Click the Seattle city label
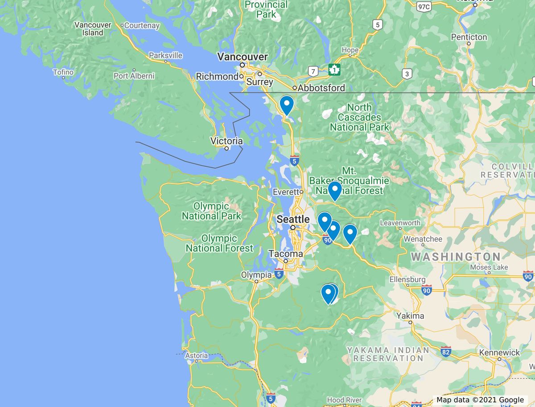pyautogui.click(x=293, y=219)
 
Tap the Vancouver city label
pyautogui.click(x=243, y=57)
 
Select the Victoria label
pyautogui.click(x=226, y=141)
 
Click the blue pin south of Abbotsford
pyautogui.click(x=286, y=106)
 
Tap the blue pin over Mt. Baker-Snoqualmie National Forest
pyautogui.click(x=334, y=191)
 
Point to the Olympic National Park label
pyautogui.click(x=211, y=211)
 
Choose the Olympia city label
pyautogui.click(x=256, y=275)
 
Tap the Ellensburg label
pyautogui.click(x=407, y=279)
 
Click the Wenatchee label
pyautogui.click(x=423, y=239)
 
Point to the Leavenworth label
pyautogui.click(x=400, y=223)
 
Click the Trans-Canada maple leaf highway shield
pyautogui.click(x=334, y=70)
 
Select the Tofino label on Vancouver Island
pyautogui.click(x=63, y=72)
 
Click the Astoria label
pyautogui.click(x=196, y=356)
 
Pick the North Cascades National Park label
pyautogui.click(x=359, y=117)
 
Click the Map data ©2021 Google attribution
pyautogui.click(x=480, y=400)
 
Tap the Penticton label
pyautogui.click(x=469, y=37)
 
